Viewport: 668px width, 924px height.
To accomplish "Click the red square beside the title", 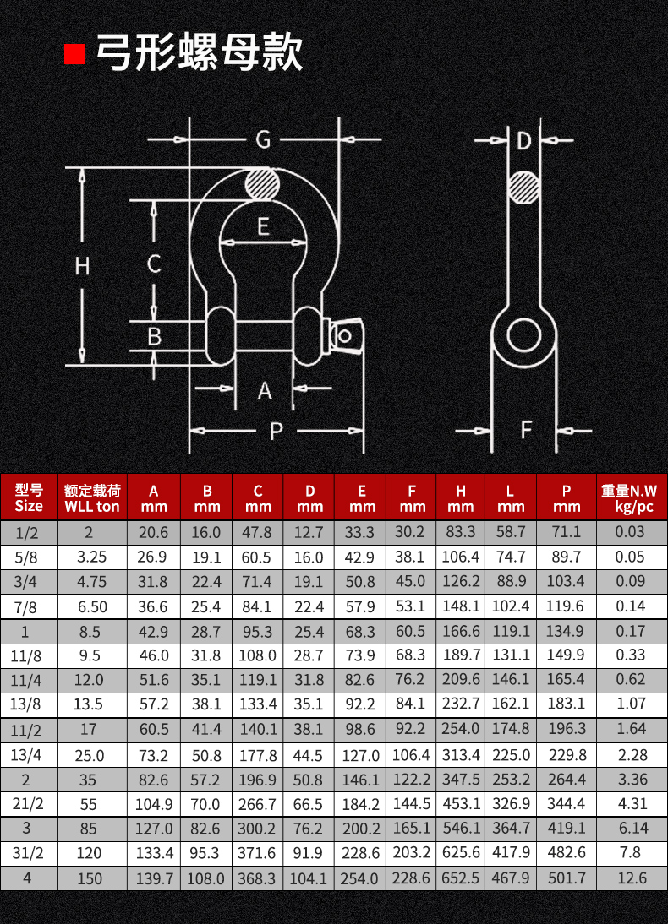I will pos(75,53).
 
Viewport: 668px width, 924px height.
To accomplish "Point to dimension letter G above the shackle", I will pos(263,139).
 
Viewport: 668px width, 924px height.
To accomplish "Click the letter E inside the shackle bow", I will pos(263,226).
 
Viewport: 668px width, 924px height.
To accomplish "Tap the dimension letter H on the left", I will pos(82,266).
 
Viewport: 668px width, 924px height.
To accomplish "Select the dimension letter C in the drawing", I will pos(154,264).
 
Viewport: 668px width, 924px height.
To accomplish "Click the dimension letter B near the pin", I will pos(154,337).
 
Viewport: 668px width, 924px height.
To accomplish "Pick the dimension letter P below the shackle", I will pos(276,432).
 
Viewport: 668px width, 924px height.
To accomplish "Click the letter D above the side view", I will pos(523,140).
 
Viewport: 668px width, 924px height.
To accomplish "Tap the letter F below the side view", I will pos(525,430).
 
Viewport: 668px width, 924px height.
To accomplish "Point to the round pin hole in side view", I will pos(523,335).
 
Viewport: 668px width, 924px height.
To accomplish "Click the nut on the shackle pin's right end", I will pos(347,335).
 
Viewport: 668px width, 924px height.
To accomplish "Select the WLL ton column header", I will pos(92,498).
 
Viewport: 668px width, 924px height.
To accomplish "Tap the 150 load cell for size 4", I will pos(89,878).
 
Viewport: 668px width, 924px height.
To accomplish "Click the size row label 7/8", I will pos(29,606).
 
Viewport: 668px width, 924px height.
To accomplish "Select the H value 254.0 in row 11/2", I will pos(461,729).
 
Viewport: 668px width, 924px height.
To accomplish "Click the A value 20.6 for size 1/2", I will pos(154,532).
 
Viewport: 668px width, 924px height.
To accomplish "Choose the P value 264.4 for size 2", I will pos(566,779).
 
